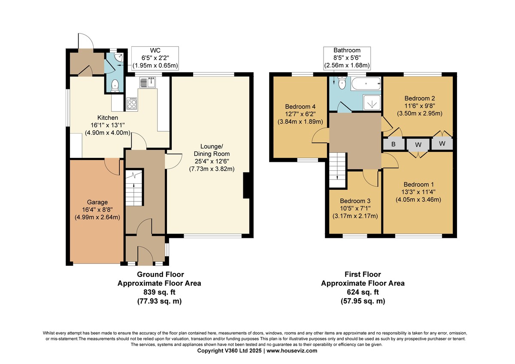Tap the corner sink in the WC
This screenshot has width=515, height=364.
[x=120, y=57]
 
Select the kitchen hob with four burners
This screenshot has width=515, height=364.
[x=132, y=103]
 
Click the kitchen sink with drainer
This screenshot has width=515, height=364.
[x=148, y=82]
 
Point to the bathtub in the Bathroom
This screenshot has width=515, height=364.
[x=366, y=84]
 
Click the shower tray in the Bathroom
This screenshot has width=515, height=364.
[x=372, y=103]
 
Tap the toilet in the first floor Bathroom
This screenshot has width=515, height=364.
[x=342, y=83]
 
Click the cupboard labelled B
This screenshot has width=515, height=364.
[x=394, y=144]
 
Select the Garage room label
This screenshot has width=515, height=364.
[x=97, y=202]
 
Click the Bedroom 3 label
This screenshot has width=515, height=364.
[x=355, y=201]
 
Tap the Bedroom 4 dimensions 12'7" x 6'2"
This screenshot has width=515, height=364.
[x=300, y=114]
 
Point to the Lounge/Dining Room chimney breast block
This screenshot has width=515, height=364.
[x=246, y=185]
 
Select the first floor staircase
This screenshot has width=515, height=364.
[x=337, y=170]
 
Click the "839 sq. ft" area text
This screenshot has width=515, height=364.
[x=159, y=292]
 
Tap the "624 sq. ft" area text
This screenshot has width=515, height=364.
[x=363, y=292]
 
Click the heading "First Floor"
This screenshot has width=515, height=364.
[x=363, y=274]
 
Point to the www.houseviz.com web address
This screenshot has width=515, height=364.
[x=292, y=351]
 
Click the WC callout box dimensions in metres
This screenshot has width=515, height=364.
[x=155, y=66]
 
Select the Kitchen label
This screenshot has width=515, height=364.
[x=108, y=118]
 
